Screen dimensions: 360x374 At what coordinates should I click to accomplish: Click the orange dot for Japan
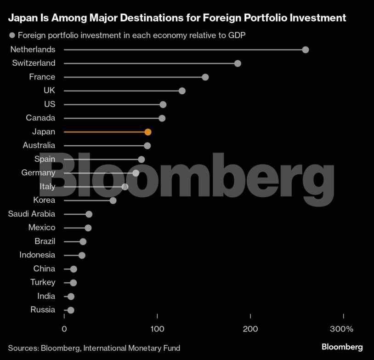(x=148, y=132)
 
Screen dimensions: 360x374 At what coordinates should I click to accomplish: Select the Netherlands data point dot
(x=306, y=50)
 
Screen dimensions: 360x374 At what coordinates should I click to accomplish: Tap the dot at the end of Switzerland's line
(x=238, y=63)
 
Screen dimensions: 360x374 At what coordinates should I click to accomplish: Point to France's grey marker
(x=205, y=77)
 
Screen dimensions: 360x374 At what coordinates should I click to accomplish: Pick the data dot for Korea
(x=113, y=200)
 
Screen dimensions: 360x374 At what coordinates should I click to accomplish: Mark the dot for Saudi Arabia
(x=89, y=214)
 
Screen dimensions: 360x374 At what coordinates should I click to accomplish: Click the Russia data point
(x=71, y=310)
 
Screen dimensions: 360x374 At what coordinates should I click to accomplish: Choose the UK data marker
(x=182, y=91)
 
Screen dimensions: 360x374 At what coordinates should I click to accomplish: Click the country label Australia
(x=39, y=145)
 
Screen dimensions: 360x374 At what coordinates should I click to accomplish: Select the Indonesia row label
(x=37, y=255)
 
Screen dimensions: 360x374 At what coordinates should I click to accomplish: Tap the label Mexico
(x=41, y=228)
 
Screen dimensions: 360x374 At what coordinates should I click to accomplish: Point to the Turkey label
(x=43, y=282)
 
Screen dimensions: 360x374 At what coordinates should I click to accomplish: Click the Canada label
(x=40, y=118)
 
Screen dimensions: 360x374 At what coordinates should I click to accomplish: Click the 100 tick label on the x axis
(x=158, y=329)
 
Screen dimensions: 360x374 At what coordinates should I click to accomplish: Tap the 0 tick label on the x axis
(x=64, y=329)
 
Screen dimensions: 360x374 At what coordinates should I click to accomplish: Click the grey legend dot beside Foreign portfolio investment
(x=12, y=35)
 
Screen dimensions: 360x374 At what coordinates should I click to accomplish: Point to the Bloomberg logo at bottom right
(x=342, y=347)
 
